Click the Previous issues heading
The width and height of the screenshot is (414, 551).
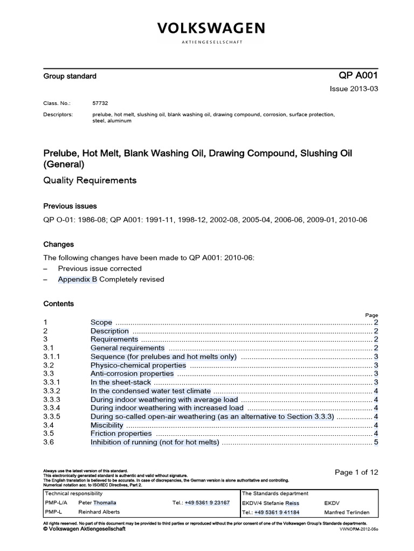tap(70, 206)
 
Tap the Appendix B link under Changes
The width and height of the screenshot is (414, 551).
tap(78, 279)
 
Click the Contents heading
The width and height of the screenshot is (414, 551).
tap(59, 303)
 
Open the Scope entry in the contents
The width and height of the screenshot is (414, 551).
tap(100, 323)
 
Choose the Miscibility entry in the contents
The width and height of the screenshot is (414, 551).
tap(107, 425)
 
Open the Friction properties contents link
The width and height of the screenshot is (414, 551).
tap(121, 434)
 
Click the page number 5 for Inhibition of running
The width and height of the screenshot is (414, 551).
tap(376, 442)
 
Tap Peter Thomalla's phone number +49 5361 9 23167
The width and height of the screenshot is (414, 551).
tap(208, 503)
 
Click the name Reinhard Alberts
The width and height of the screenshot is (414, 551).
tap(99, 512)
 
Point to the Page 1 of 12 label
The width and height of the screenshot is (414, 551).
tap(356, 472)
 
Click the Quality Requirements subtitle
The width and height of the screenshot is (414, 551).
tap(89, 180)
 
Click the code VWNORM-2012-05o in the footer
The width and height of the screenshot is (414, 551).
tap(358, 529)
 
